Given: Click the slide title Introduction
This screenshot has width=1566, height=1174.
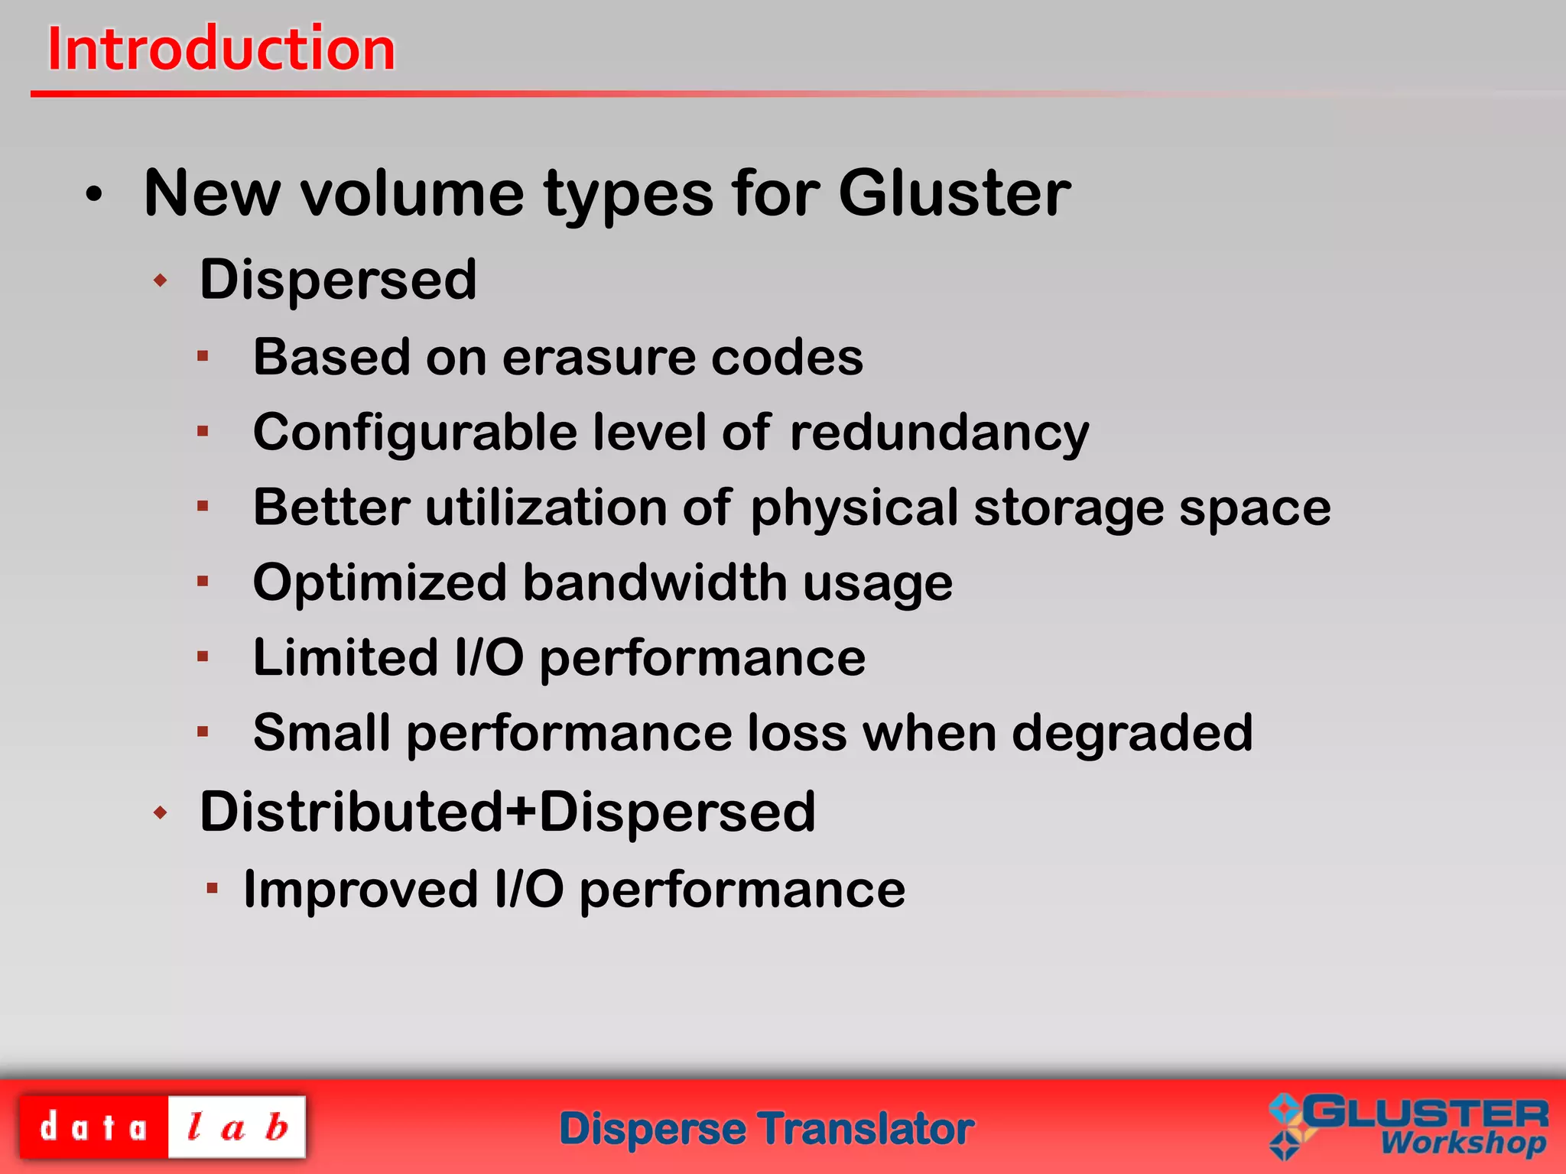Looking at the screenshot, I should (221, 49).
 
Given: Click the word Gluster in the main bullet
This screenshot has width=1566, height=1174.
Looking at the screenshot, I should (954, 193).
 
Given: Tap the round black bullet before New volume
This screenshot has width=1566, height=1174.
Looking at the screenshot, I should (93, 195).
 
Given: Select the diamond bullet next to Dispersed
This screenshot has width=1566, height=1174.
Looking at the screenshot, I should (160, 281).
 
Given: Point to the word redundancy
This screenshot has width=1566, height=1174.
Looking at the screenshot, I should (939, 433).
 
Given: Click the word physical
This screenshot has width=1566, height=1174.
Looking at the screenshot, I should (854, 509).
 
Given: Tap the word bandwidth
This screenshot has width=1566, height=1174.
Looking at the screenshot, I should (655, 583).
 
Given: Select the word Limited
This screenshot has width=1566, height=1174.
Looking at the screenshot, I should (346, 658).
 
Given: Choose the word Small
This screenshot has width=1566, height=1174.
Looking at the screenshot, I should (321, 733).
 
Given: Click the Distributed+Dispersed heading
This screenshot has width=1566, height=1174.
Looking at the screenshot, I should (507, 812).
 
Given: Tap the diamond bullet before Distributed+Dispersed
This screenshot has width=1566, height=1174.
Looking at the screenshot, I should (160, 812).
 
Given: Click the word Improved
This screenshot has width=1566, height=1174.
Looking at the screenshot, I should (360, 890).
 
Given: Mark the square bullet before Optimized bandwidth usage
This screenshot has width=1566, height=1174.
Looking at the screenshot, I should (203, 582).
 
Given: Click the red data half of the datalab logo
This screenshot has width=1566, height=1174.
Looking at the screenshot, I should (93, 1127).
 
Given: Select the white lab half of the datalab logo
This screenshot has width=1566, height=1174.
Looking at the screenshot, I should (237, 1127).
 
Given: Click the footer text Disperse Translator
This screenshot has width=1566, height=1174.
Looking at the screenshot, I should (766, 1129).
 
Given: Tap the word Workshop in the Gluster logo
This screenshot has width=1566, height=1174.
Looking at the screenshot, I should (1463, 1142).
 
